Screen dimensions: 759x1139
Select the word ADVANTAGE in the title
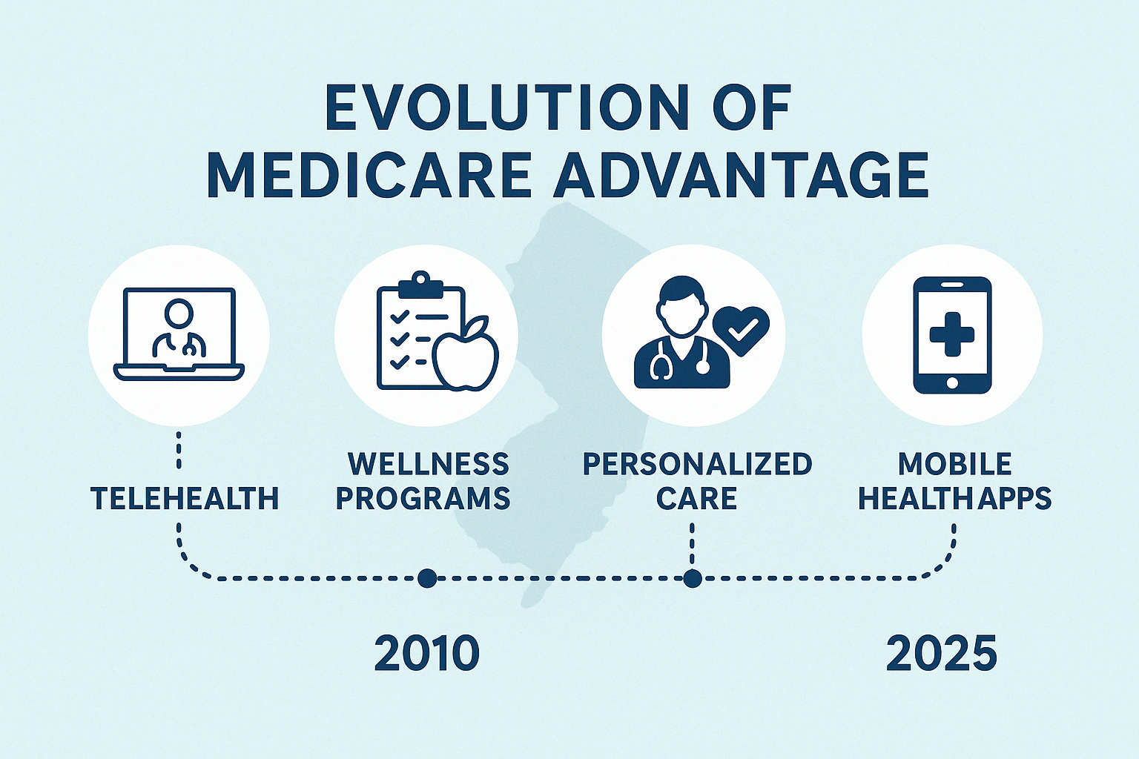742,176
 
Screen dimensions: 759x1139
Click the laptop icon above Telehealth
179,334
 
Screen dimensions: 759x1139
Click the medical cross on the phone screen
952,334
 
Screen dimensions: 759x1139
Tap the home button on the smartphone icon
952,382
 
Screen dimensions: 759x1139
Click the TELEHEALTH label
185,498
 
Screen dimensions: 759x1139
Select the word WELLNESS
429,464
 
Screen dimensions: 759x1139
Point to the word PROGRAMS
423,498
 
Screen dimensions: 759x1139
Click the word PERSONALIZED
697,464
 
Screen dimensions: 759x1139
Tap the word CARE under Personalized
696,498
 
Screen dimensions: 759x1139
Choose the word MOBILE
954,464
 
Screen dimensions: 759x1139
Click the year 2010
426,654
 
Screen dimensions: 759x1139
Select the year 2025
942,654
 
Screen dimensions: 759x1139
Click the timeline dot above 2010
427,578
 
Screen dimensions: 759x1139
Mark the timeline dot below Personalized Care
692,578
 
